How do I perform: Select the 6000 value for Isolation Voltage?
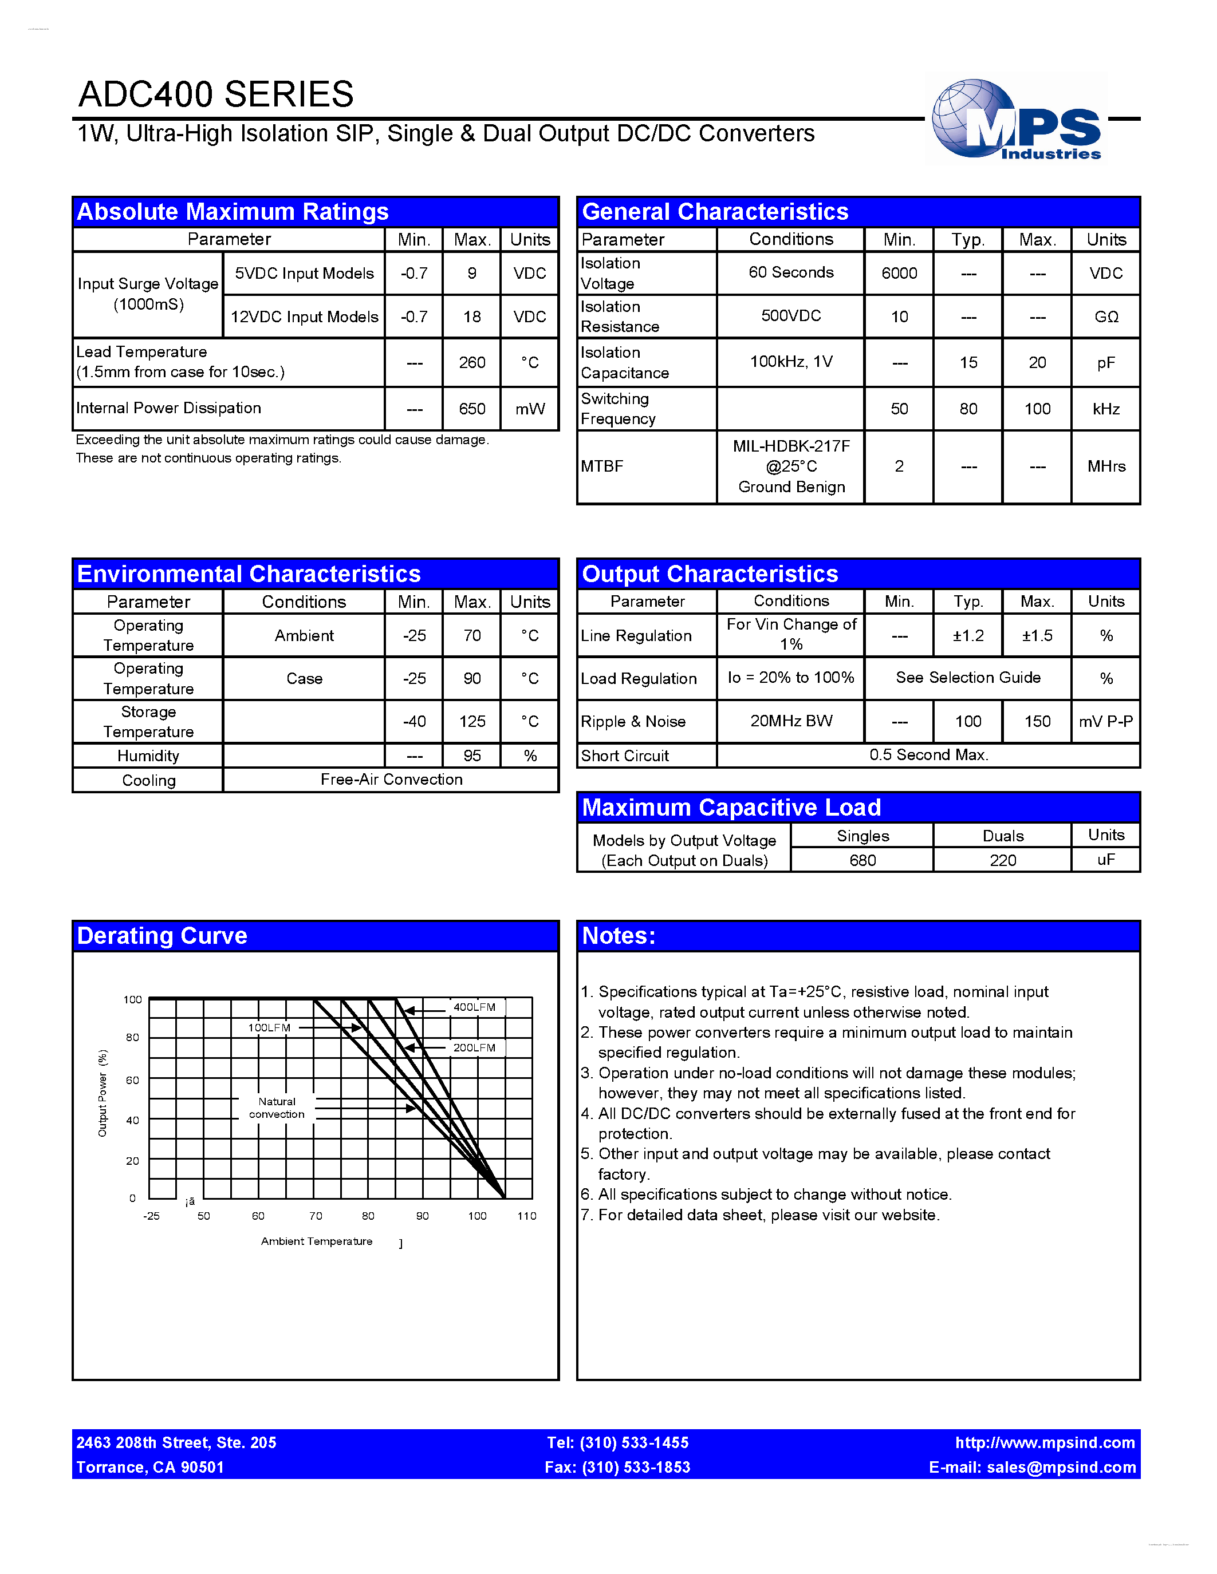coord(899,273)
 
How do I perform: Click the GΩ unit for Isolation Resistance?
coord(1105,317)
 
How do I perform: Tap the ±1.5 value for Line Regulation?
coord(1036,636)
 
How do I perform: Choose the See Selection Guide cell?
coord(967,678)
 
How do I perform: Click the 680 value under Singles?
coord(862,860)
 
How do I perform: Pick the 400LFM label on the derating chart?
coord(474,1007)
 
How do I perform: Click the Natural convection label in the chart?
coord(277,1108)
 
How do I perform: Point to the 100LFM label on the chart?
coord(269,1028)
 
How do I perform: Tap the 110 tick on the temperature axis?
coord(526,1216)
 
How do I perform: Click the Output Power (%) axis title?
coord(103,1093)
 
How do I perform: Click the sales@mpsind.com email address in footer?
coord(1061,1468)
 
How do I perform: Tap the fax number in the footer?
coord(617,1468)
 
